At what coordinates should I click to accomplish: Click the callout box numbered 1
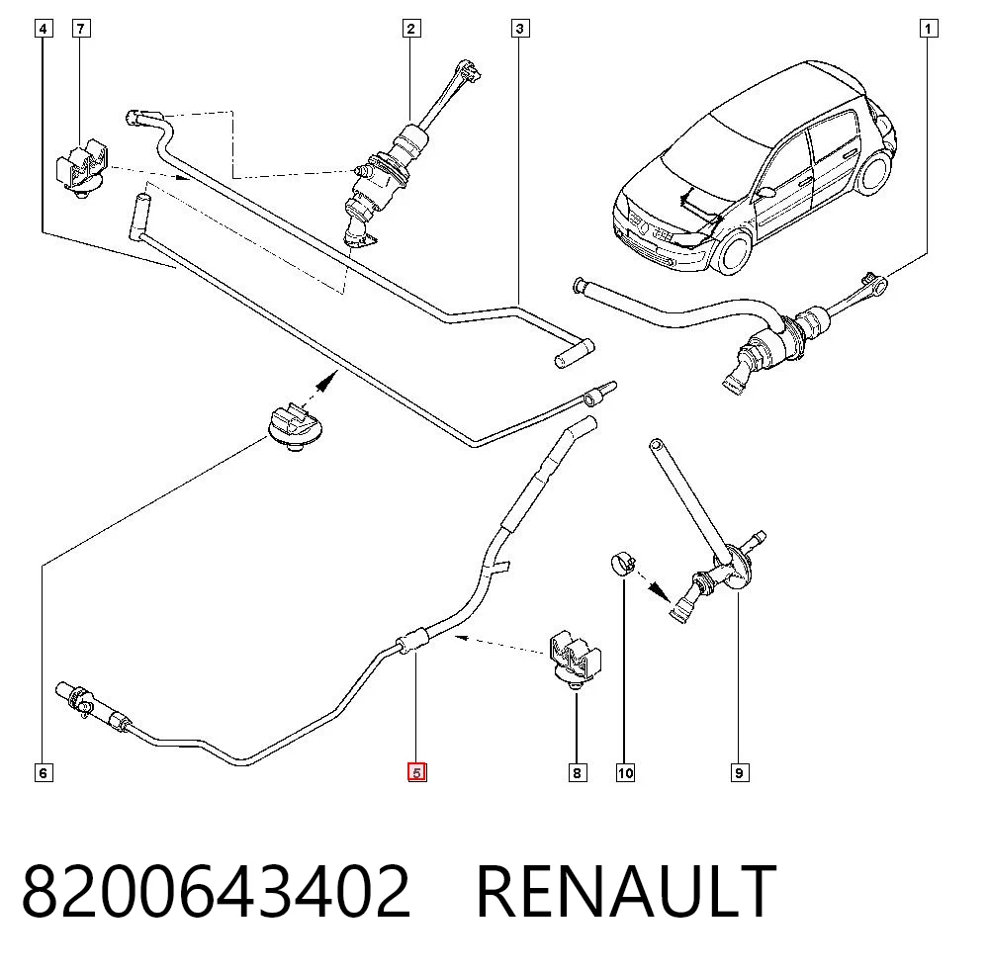pyautogui.click(x=928, y=29)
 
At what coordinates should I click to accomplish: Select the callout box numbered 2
pyautogui.click(x=411, y=29)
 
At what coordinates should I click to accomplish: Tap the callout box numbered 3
pyautogui.click(x=520, y=29)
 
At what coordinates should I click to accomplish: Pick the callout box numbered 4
pyautogui.click(x=43, y=29)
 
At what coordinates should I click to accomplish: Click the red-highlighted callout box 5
pyautogui.click(x=417, y=772)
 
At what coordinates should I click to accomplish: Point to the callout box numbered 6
pyautogui.click(x=43, y=772)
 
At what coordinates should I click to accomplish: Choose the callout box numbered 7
pyautogui.click(x=81, y=29)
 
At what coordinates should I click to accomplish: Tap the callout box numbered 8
pyautogui.click(x=578, y=772)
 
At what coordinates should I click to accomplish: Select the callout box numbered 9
pyautogui.click(x=739, y=772)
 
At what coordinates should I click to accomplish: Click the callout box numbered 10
pyautogui.click(x=625, y=772)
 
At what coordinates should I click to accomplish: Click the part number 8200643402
pyautogui.click(x=217, y=892)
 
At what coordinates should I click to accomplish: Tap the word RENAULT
pyautogui.click(x=626, y=892)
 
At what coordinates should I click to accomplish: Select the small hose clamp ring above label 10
pyautogui.click(x=623, y=564)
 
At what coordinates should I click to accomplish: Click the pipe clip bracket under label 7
pyautogui.click(x=82, y=170)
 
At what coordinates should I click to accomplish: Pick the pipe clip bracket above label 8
pyautogui.click(x=576, y=658)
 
